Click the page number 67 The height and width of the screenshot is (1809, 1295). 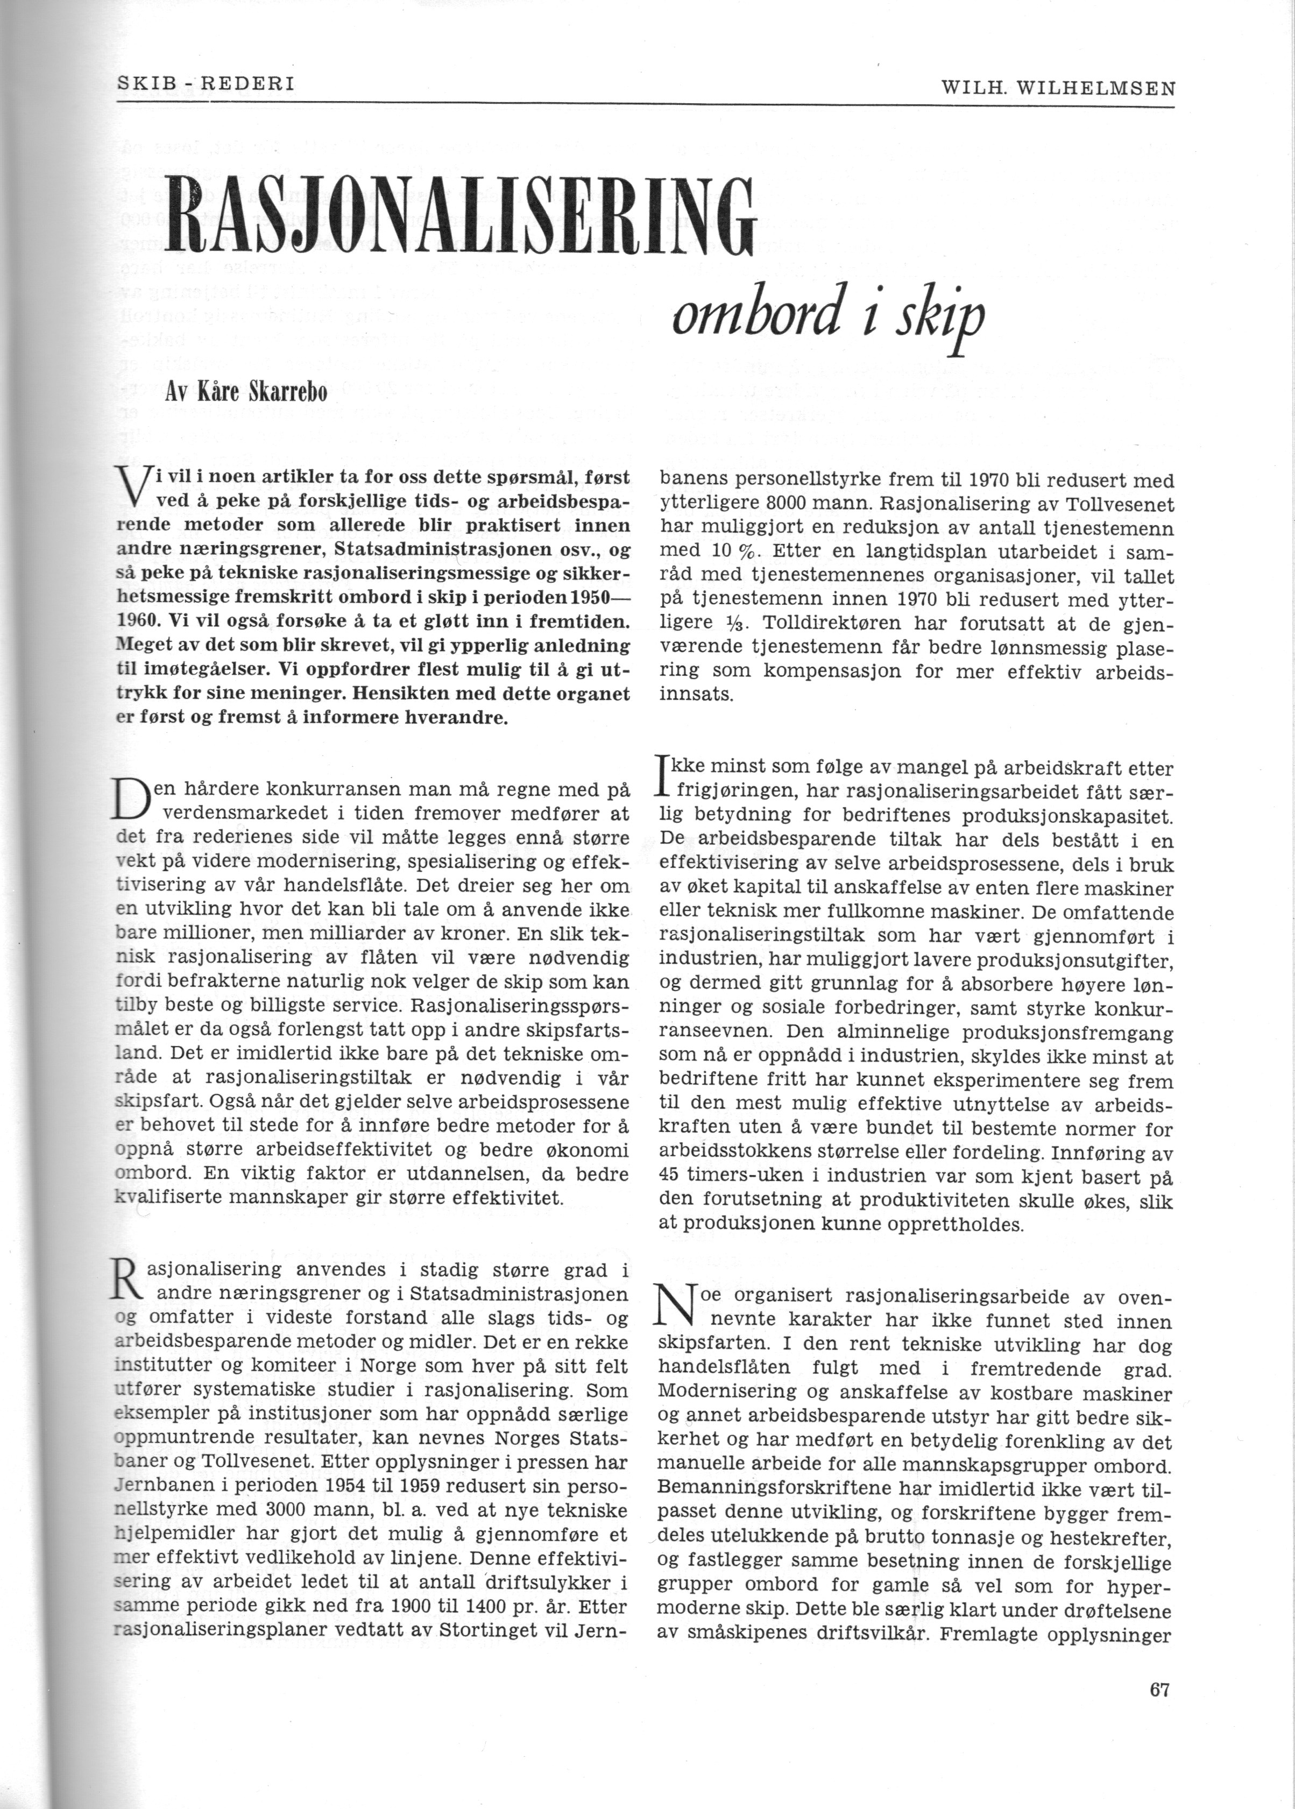[x=1159, y=1688]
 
